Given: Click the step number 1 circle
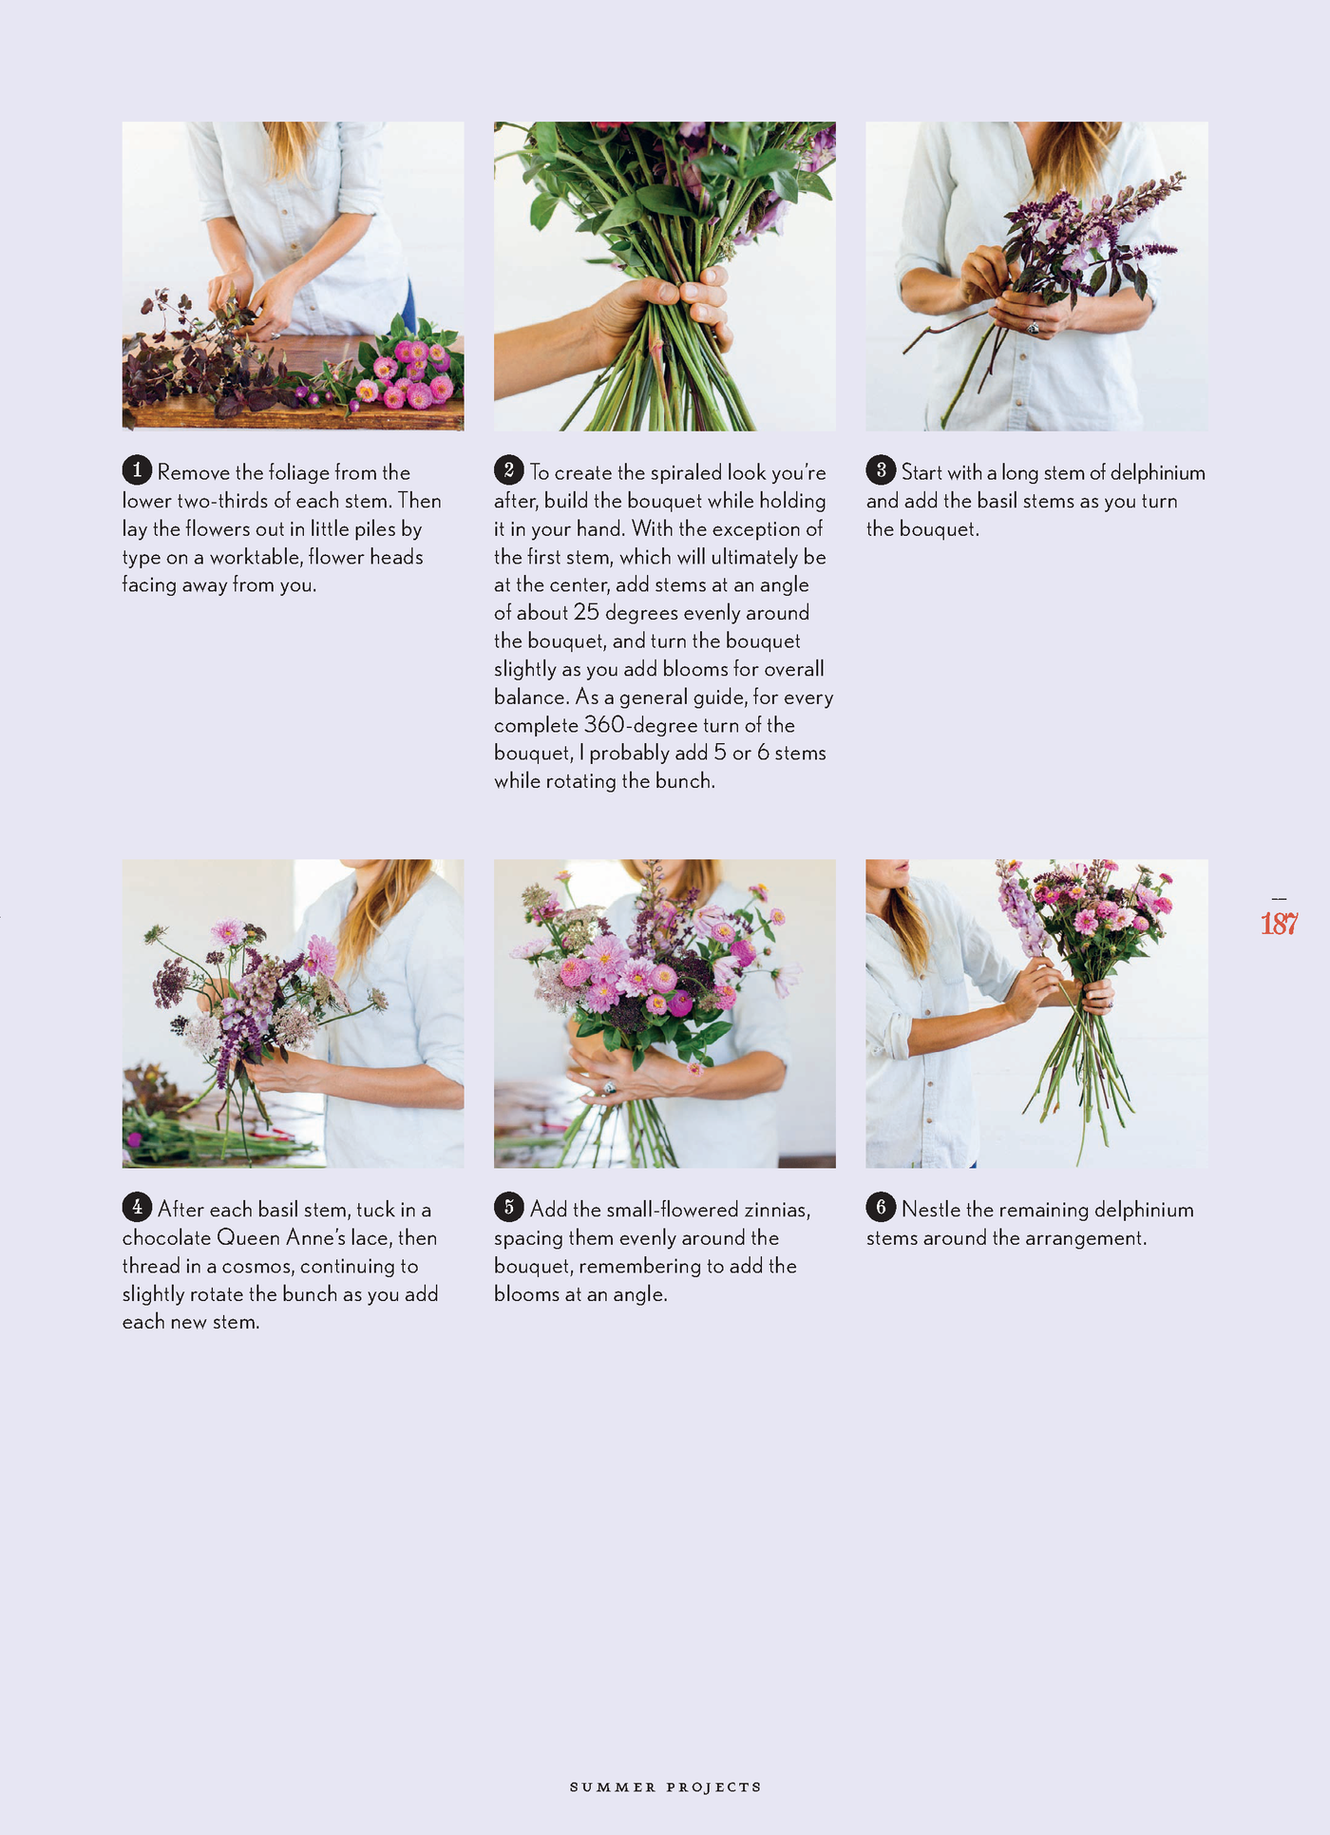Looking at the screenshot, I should tap(137, 469).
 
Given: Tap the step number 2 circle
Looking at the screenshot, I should tap(508, 469).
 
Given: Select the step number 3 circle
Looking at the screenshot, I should tap(881, 469).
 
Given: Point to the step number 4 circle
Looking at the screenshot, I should tap(137, 1207).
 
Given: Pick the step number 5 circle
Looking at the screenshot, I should tap(508, 1207).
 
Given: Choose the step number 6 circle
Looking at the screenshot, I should tap(881, 1207).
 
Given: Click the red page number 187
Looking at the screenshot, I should tap(1279, 924).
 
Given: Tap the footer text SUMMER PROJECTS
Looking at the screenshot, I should tap(665, 1787).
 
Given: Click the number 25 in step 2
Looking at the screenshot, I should tap(586, 613).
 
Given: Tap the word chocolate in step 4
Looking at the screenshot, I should tap(166, 1238).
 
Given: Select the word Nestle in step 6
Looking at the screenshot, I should tap(930, 1210).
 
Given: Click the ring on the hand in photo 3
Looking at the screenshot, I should tap(1033, 328).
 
